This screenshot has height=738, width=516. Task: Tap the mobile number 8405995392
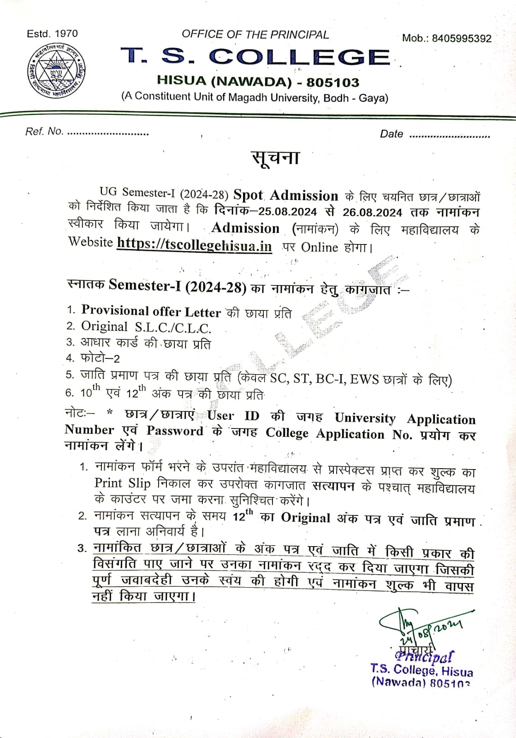coord(462,39)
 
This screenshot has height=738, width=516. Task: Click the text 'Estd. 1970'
coord(52,34)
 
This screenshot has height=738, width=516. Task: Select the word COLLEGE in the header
coord(299,57)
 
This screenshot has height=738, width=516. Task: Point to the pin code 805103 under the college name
coord(333,83)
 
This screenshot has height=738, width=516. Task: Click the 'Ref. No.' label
coord(44,131)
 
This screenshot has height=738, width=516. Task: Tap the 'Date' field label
coord(391,134)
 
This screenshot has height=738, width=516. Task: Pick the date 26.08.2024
coord(372,212)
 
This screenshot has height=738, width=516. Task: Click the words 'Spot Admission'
coord(286,196)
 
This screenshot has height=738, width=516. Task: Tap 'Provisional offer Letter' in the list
coord(151,311)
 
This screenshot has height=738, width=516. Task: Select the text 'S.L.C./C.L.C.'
coord(173,328)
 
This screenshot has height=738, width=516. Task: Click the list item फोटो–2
coord(100,358)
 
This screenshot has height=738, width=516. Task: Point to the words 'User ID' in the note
coord(233,416)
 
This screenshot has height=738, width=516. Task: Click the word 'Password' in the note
coord(175,431)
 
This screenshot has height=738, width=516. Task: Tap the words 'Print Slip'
coord(122,483)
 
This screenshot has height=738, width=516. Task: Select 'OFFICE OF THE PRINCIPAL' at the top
coord(255,35)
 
